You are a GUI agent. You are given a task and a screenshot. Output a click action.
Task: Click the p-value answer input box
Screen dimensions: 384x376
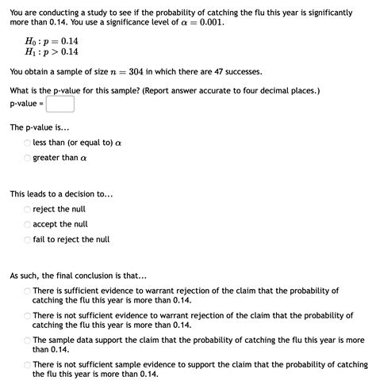coord(60,104)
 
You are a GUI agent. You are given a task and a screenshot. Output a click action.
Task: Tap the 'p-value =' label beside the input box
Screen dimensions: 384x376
coord(26,104)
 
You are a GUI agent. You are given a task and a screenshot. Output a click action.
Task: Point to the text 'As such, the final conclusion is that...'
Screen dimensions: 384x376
coord(78,276)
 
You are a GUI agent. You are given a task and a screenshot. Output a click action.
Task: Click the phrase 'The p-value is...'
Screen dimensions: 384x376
coord(40,127)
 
